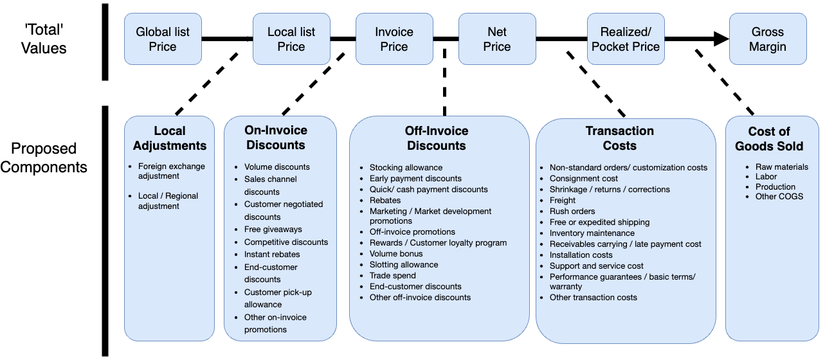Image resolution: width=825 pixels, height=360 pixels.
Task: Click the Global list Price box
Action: [x=163, y=39]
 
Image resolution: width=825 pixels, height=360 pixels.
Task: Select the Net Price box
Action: [x=496, y=39]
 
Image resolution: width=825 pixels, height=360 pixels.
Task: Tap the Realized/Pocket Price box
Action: [x=626, y=39]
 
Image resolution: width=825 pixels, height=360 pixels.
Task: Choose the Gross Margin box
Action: [x=767, y=39]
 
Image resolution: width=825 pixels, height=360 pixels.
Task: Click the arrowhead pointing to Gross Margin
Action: [x=720, y=39]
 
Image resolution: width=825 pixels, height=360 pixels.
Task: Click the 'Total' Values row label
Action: [x=44, y=39]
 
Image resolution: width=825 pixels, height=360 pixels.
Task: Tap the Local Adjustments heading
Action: [x=170, y=138]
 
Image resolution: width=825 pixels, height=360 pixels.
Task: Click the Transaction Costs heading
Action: [x=620, y=138]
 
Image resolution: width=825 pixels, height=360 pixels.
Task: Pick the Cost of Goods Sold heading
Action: [x=769, y=138]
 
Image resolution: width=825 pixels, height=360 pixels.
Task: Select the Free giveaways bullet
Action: [x=273, y=230]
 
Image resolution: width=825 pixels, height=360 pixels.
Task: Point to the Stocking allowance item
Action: [x=406, y=168]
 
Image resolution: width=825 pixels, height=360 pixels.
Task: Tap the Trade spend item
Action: [x=392, y=276]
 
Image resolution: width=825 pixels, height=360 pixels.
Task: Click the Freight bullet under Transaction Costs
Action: [x=563, y=201]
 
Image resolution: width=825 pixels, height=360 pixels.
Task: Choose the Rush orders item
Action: [x=572, y=212]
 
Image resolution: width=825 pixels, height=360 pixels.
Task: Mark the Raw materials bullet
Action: [x=781, y=167]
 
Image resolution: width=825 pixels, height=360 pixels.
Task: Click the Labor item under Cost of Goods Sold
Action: [x=766, y=177]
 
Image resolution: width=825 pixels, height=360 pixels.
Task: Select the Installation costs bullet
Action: [x=581, y=255]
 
